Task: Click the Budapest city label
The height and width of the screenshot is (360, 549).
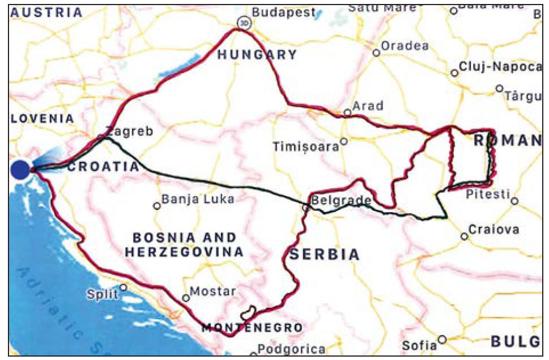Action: pyautogui.click(x=283, y=12)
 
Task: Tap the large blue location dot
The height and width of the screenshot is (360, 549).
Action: pyautogui.click(x=20, y=169)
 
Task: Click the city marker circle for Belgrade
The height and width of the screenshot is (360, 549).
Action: pyautogui.click(x=306, y=207)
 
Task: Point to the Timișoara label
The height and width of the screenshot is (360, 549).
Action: pyautogui.click(x=305, y=146)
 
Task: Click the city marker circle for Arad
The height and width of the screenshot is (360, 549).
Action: pyautogui.click(x=347, y=113)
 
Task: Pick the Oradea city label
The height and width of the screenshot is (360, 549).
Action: pyautogui.click(x=405, y=46)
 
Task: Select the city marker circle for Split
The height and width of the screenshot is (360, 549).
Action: pyautogui.click(x=123, y=287)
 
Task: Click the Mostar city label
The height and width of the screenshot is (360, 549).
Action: pyautogui.click(x=212, y=291)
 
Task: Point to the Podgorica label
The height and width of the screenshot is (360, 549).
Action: pyautogui.click(x=291, y=349)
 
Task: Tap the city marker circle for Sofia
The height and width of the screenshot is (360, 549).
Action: pyautogui.click(x=442, y=340)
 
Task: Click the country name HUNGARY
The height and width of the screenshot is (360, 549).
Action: pyautogui.click(x=257, y=55)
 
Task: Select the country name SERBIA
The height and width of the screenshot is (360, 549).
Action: pyautogui.click(x=324, y=255)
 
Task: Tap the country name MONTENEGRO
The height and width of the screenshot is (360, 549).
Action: pyautogui.click(x=252, y=328)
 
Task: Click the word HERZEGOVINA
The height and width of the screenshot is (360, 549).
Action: pyautogui.click(x=184, y=252)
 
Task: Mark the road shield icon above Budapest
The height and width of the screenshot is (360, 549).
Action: pyautogui.click(x=244, y=23)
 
